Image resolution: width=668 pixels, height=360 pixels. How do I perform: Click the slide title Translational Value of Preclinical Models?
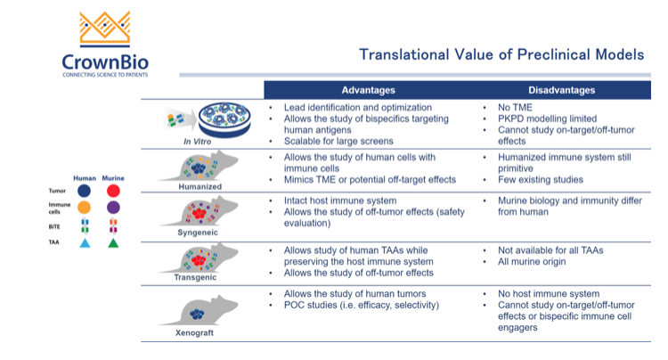(501, 55)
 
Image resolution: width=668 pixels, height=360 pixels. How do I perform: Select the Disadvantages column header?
(560, 90)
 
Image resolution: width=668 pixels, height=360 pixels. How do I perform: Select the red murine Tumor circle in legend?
(113, 190)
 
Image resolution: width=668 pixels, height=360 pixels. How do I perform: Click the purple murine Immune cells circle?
(113, 208)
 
